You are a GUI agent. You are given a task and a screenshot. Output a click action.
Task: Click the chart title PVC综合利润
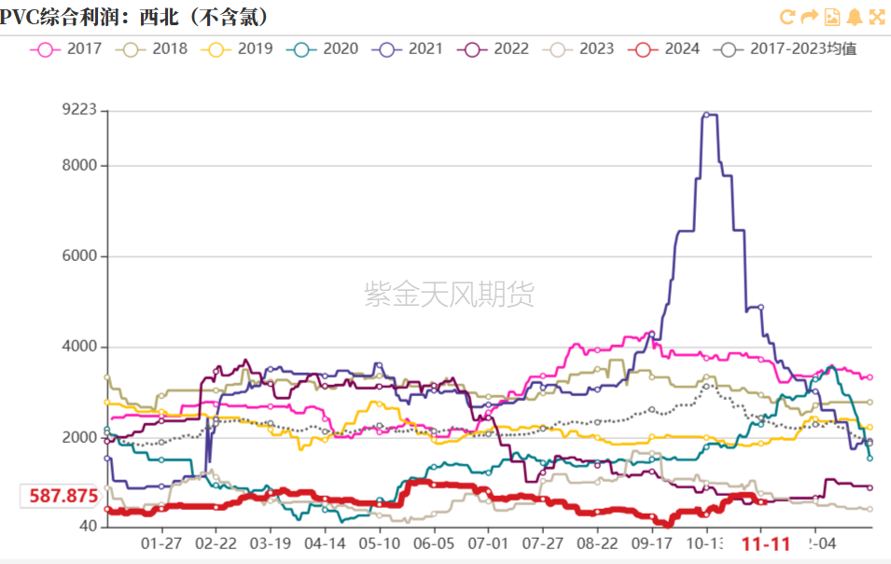tap(135, 17)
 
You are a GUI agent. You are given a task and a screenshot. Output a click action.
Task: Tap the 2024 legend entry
tap(666, 48)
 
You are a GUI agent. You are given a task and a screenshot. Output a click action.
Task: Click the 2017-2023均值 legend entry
tap(789, 48)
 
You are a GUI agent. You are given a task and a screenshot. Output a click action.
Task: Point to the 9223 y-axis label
tap(79, 110)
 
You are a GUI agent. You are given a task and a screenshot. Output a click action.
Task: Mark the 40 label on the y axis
tap(88, 527)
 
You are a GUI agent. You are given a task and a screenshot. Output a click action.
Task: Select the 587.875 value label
tap(62, 496)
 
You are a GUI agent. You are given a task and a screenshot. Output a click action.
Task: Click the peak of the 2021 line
tap(707, 115)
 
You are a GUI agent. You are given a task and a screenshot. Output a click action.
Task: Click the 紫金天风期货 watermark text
tap(449, 296)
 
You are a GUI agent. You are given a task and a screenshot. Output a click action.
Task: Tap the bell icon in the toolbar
tap(855, 17)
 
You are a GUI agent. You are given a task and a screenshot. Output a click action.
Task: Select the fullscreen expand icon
tap(877, 17)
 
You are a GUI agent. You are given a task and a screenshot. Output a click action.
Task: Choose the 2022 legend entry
tap(497, 48)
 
